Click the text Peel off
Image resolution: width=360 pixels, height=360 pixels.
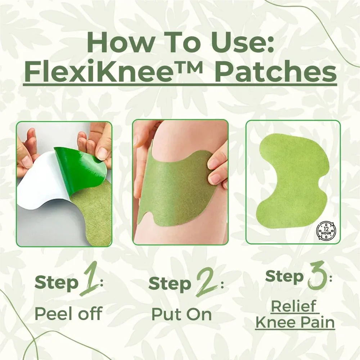(x=68, y=314)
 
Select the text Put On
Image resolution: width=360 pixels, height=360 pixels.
(x=181, y=314)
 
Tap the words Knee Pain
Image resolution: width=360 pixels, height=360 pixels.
(x=295, y=322)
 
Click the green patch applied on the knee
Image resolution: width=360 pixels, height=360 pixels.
(x=173, y=194)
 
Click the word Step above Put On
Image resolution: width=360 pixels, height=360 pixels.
(x=170, y=284)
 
